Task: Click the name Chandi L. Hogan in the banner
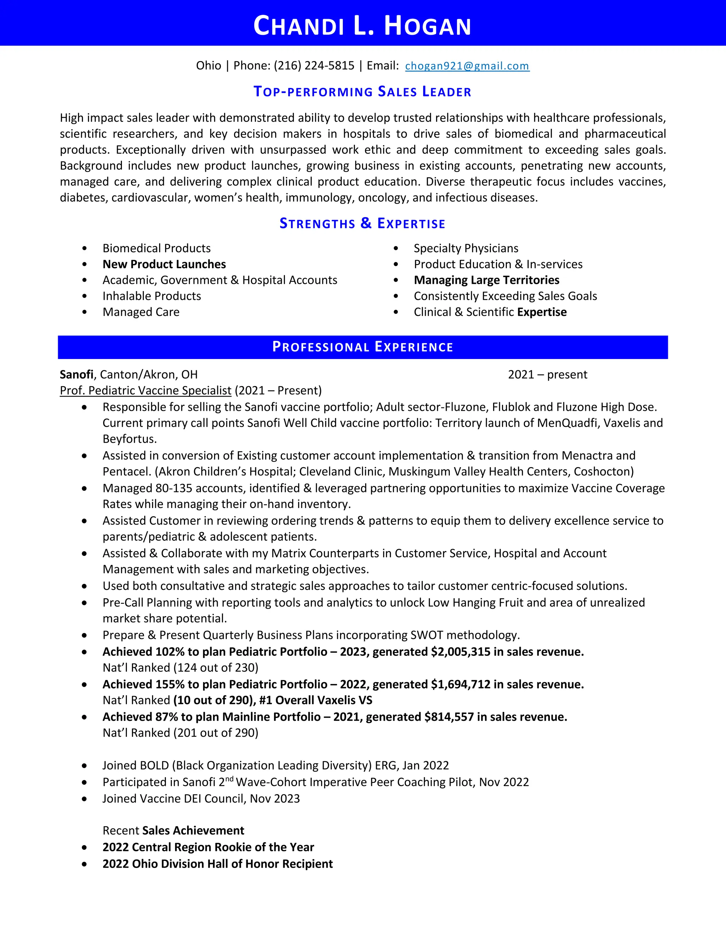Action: click(363, 26)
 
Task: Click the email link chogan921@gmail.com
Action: click(467, 66)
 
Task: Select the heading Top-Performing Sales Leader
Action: click(363, 92)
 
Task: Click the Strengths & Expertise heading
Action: click(363, 223)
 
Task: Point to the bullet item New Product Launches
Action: click(164, 264)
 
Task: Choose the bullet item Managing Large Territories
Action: click(486, 280)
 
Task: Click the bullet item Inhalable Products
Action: click(151, 296)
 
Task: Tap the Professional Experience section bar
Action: click(363, 347)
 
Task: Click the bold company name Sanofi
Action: click(76, 375)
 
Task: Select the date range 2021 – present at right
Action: click(547, 375)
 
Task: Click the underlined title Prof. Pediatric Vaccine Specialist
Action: click(145, 391)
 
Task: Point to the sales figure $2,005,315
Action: click(460, 652)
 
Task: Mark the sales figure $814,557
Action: click(448, 717)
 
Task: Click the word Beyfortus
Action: click(129, 439)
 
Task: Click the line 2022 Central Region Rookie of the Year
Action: click(208, 847)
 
